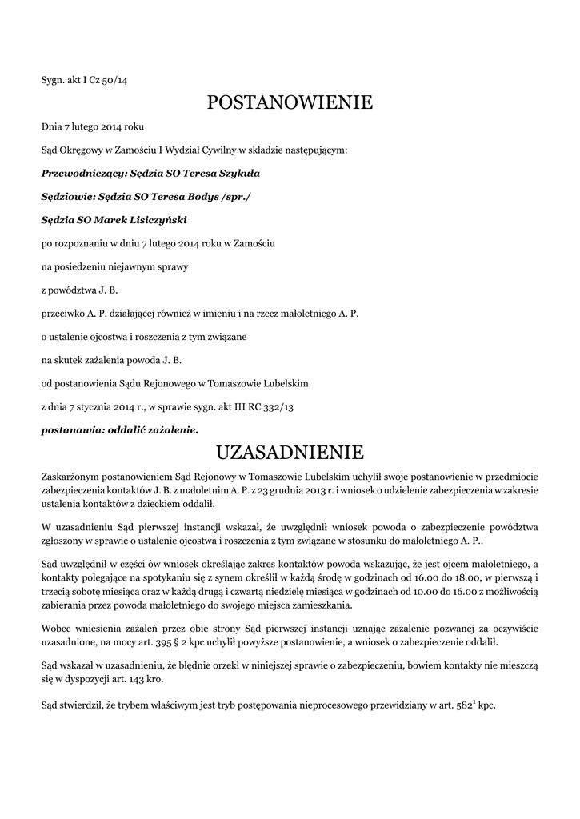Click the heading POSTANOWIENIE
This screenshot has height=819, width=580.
coord(290,102)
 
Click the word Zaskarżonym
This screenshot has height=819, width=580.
coord(71,477)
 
